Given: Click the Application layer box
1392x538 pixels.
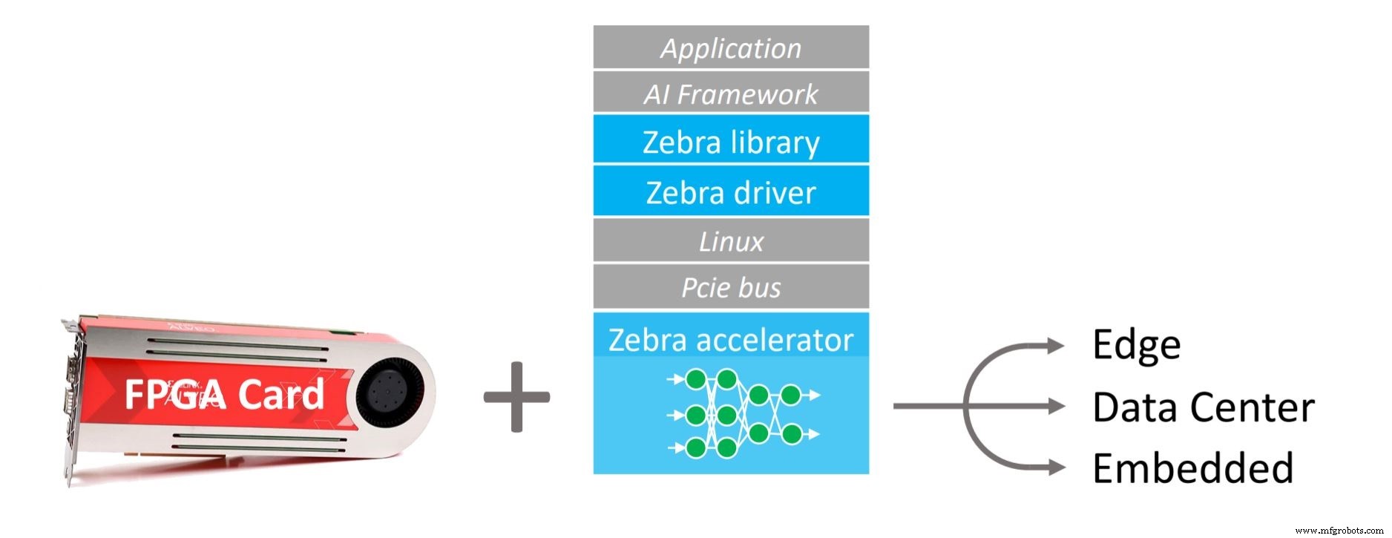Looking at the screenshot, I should click(731, 48).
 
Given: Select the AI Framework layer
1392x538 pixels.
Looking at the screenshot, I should click(731, 94).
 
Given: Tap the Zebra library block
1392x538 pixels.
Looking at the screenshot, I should click(731, 141).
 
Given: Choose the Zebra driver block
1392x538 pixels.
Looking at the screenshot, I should click(731, 191).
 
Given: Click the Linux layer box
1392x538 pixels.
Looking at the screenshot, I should click(731, 241).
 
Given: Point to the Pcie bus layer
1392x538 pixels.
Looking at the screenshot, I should click(731, 287).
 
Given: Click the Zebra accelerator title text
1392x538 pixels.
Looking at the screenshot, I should click(731, 340).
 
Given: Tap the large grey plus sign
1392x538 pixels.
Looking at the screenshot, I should click(516, 396).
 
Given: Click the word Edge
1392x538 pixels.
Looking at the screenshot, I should click(1136, 345).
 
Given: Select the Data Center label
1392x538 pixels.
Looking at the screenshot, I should click(1203, 407).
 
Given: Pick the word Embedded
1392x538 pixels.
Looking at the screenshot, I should click(1192, 468).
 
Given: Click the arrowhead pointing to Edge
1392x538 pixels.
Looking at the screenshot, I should click(1055, 345).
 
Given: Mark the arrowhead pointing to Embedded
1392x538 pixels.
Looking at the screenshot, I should click(1055, 468).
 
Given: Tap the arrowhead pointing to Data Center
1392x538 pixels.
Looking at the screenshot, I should click(1055, 406).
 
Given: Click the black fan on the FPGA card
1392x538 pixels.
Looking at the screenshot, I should click(387, 394).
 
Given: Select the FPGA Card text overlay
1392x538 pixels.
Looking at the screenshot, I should click(224, 394).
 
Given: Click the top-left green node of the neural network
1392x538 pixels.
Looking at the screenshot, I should click(695, 380).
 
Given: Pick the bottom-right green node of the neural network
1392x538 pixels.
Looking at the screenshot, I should click(791, 433).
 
